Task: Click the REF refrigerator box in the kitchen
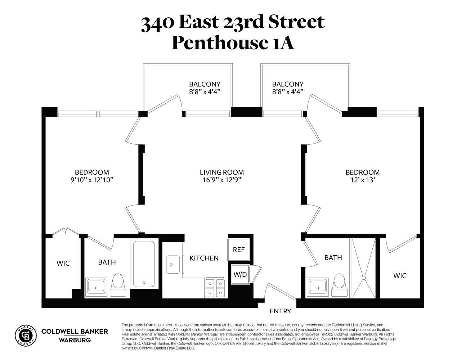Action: [239, 249]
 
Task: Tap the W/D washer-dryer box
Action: [240, 275]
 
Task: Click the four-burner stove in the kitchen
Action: [215, 288]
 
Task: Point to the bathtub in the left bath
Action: [144, 264]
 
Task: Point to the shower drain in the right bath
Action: [364, 278]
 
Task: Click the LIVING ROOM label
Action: [222, 172]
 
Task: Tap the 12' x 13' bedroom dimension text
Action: [362, 180]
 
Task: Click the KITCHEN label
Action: [204, 258]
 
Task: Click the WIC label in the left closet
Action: [63, 264]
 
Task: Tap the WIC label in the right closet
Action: [400, 276]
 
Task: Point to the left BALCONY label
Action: [205, 84]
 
